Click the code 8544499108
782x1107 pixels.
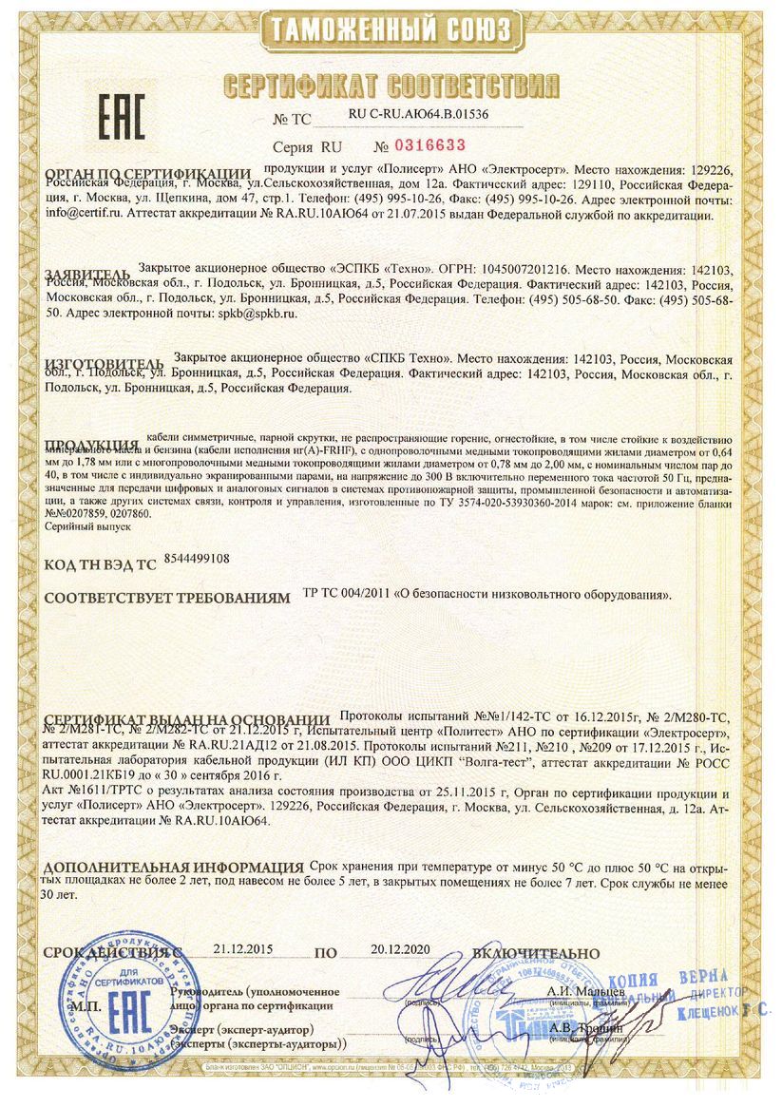[197, 561]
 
